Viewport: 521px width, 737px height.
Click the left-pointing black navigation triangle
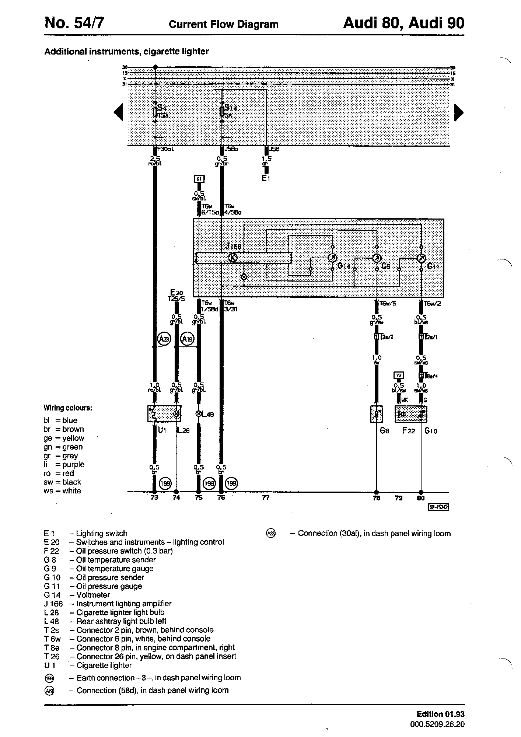[x=119, y=112]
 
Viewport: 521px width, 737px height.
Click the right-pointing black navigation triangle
[x=458, y=112]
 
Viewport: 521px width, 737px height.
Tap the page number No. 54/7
[x=74, y=24]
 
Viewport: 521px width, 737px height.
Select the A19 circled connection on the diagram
[x=187, y=339]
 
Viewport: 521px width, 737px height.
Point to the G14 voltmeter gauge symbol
[x=332, y=258]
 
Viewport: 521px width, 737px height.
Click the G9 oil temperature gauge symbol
[x=377, y=258]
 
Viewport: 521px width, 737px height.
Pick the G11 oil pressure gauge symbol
[x=421, y=258]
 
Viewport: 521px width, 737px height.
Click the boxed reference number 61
[x=199, y=179]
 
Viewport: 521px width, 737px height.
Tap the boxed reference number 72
[x=399, y=375]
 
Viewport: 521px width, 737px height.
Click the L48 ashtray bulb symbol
[x=199, y=414]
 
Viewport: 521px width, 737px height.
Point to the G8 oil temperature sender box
[x=376, y=414]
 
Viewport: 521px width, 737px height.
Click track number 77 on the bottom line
[x=266, y=497]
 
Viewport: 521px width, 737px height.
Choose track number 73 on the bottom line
[x=154, y=497]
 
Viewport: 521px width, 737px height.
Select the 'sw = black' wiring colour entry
[x=62, y=482]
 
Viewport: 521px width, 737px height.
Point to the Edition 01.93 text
[x=440, y=714]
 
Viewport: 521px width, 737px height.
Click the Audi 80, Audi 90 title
[x=403, y=23]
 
